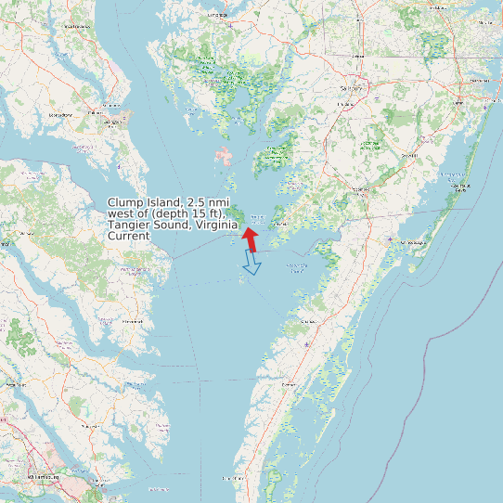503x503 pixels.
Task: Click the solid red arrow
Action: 250,238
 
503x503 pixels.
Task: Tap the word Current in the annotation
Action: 128,236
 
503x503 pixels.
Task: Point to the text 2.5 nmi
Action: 210,202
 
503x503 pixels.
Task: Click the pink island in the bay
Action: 224,155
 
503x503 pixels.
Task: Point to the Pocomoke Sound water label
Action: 296,266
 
